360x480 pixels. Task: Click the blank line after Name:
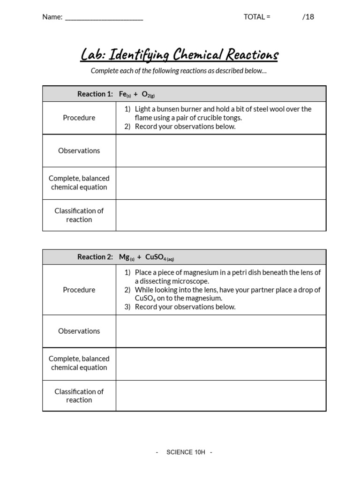tap(104, 18)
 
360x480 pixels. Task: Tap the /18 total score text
tap(308, 17)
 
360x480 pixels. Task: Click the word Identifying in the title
tap(139, 55)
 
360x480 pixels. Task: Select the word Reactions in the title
tap(252, 55)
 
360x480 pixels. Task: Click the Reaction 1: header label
tap(95, 94)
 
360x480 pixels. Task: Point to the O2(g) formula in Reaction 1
tap(148, 95)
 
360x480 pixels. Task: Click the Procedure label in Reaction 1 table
tap(79, 118)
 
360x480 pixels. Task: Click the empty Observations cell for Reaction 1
tap(221, 150)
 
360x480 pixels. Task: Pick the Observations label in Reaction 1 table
tap(79, 150)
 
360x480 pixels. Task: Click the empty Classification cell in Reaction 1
tap(221, 215)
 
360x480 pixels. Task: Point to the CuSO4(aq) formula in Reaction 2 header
tap(159, 257)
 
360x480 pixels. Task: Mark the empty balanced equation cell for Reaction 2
tap(221, 363)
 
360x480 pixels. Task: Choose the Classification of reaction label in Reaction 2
tap(79, 396)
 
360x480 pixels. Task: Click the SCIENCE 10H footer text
tap(186, 452)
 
